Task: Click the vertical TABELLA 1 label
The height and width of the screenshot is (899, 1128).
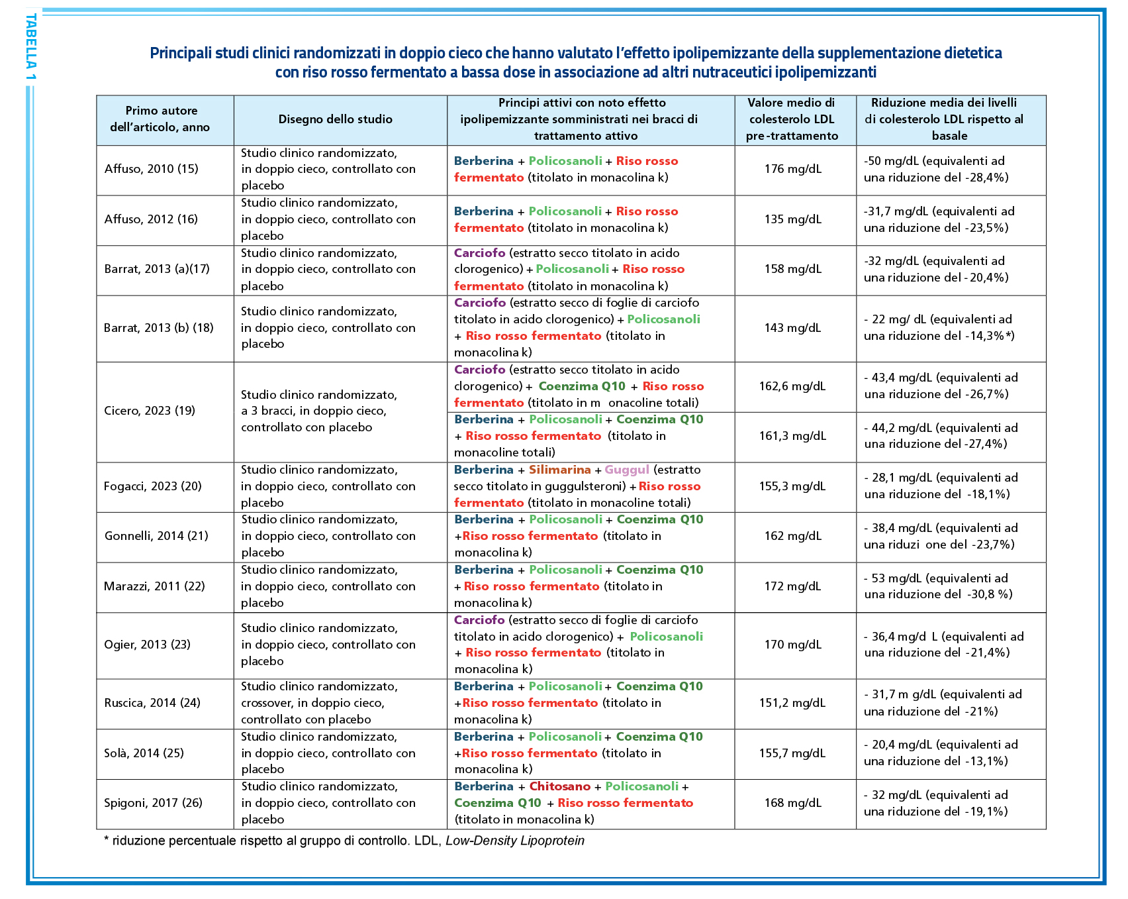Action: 31,47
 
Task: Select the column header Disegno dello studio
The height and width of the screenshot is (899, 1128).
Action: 335,119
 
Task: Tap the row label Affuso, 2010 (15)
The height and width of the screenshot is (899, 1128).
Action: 152,169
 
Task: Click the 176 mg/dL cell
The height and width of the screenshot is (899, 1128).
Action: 792,169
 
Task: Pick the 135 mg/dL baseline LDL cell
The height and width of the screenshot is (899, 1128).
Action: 792,219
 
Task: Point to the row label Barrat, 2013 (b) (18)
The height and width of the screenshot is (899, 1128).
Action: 159,328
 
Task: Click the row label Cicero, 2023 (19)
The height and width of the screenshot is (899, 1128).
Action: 150,411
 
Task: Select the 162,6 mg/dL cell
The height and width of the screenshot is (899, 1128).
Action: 792,386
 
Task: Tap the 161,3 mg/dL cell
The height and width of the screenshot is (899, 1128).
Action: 792,436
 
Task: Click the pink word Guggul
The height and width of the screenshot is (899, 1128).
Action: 627,470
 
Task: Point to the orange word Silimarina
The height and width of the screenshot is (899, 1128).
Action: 559,470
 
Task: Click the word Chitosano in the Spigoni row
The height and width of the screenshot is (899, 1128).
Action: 559,786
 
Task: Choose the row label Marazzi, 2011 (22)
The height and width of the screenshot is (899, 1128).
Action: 154,586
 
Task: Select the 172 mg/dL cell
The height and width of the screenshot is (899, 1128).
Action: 792,586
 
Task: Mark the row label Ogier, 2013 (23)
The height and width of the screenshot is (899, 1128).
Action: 147,645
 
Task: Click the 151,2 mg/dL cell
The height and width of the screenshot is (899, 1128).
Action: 792,703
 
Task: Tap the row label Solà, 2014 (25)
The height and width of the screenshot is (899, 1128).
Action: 144,753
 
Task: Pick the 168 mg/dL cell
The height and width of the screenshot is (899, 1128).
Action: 792,803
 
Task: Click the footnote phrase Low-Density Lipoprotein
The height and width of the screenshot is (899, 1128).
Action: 515,841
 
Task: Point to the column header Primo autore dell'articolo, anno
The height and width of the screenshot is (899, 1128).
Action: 160,119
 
